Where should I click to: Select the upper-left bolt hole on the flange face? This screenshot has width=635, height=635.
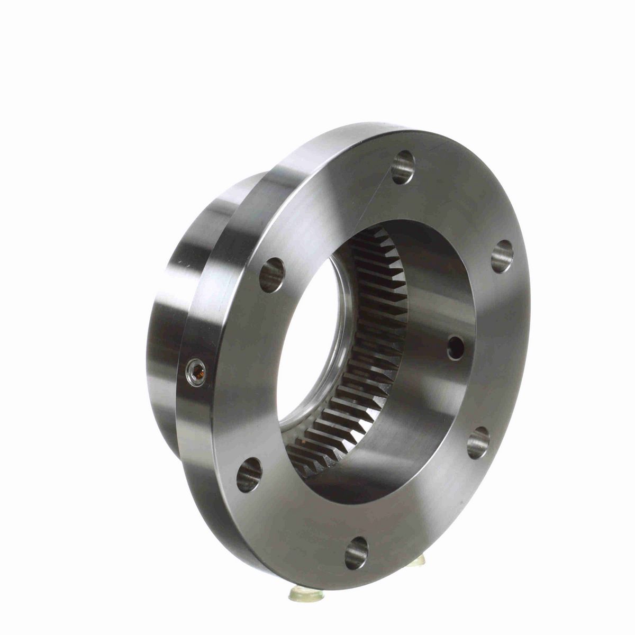point(272,275)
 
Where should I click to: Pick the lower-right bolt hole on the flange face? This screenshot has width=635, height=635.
point(478,442)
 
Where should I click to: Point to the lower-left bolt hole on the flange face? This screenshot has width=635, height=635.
point(249,474)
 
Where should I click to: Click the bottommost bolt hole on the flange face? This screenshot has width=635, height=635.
point(356,552)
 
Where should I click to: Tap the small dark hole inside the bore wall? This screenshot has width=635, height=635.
point(455,347)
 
